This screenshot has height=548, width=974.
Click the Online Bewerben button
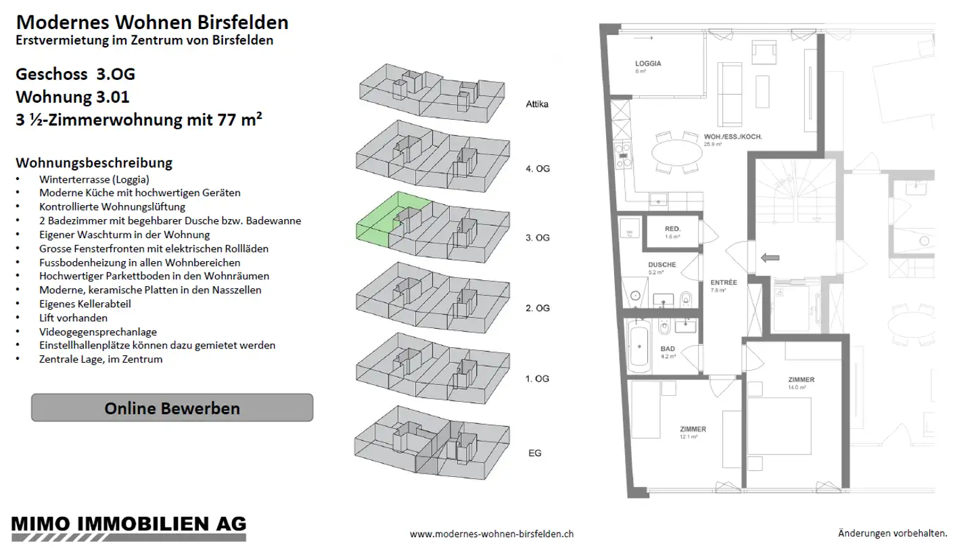(172, 408)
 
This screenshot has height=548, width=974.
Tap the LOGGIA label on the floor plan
(648, 64)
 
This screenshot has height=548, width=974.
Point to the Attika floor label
(537, 105)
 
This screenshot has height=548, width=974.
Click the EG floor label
(534, 453)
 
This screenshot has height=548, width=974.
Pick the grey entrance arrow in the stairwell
(770, 257)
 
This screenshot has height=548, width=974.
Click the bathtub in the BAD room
(639, 347)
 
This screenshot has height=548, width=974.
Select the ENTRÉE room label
(724, 283)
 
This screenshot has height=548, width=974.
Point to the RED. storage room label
(672, 229)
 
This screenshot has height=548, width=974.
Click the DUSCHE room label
(662, 265)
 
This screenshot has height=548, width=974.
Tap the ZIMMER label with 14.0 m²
(802, 380)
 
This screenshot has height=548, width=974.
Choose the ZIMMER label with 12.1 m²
(693, 429)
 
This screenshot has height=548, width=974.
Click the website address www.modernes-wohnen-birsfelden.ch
(492, 534)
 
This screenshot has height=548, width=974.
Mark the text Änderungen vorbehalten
(893, 534)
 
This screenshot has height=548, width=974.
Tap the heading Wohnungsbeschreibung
(93, 163)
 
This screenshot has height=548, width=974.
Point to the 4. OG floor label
(538, 168)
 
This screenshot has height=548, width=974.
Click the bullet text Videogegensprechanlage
(98, 332)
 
